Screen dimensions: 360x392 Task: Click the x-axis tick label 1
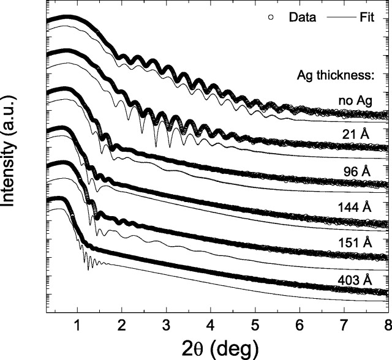77,325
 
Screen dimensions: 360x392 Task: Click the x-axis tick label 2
122,325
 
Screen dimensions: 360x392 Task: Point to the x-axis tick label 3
166,325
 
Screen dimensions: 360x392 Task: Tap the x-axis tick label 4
211,325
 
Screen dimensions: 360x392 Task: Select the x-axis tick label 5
255,325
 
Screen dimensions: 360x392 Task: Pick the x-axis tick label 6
300,325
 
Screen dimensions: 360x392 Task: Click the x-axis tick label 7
344,325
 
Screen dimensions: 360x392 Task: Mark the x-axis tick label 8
387,325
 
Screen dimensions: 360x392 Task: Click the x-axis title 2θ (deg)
214,348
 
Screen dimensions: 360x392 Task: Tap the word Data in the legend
302,18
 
